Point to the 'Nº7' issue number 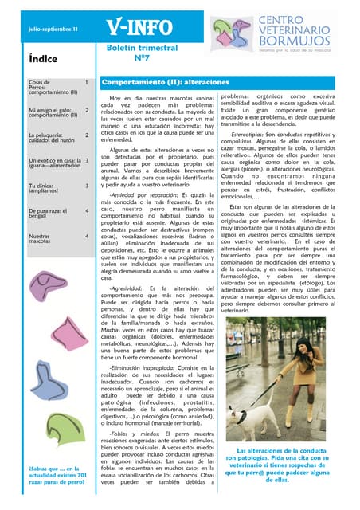click(141, 58)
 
